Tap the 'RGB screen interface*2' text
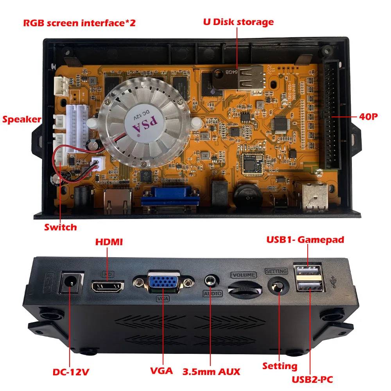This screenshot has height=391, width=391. (79, 23)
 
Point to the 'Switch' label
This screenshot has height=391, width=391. (60, 227)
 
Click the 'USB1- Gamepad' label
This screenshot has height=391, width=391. (305, 239)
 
